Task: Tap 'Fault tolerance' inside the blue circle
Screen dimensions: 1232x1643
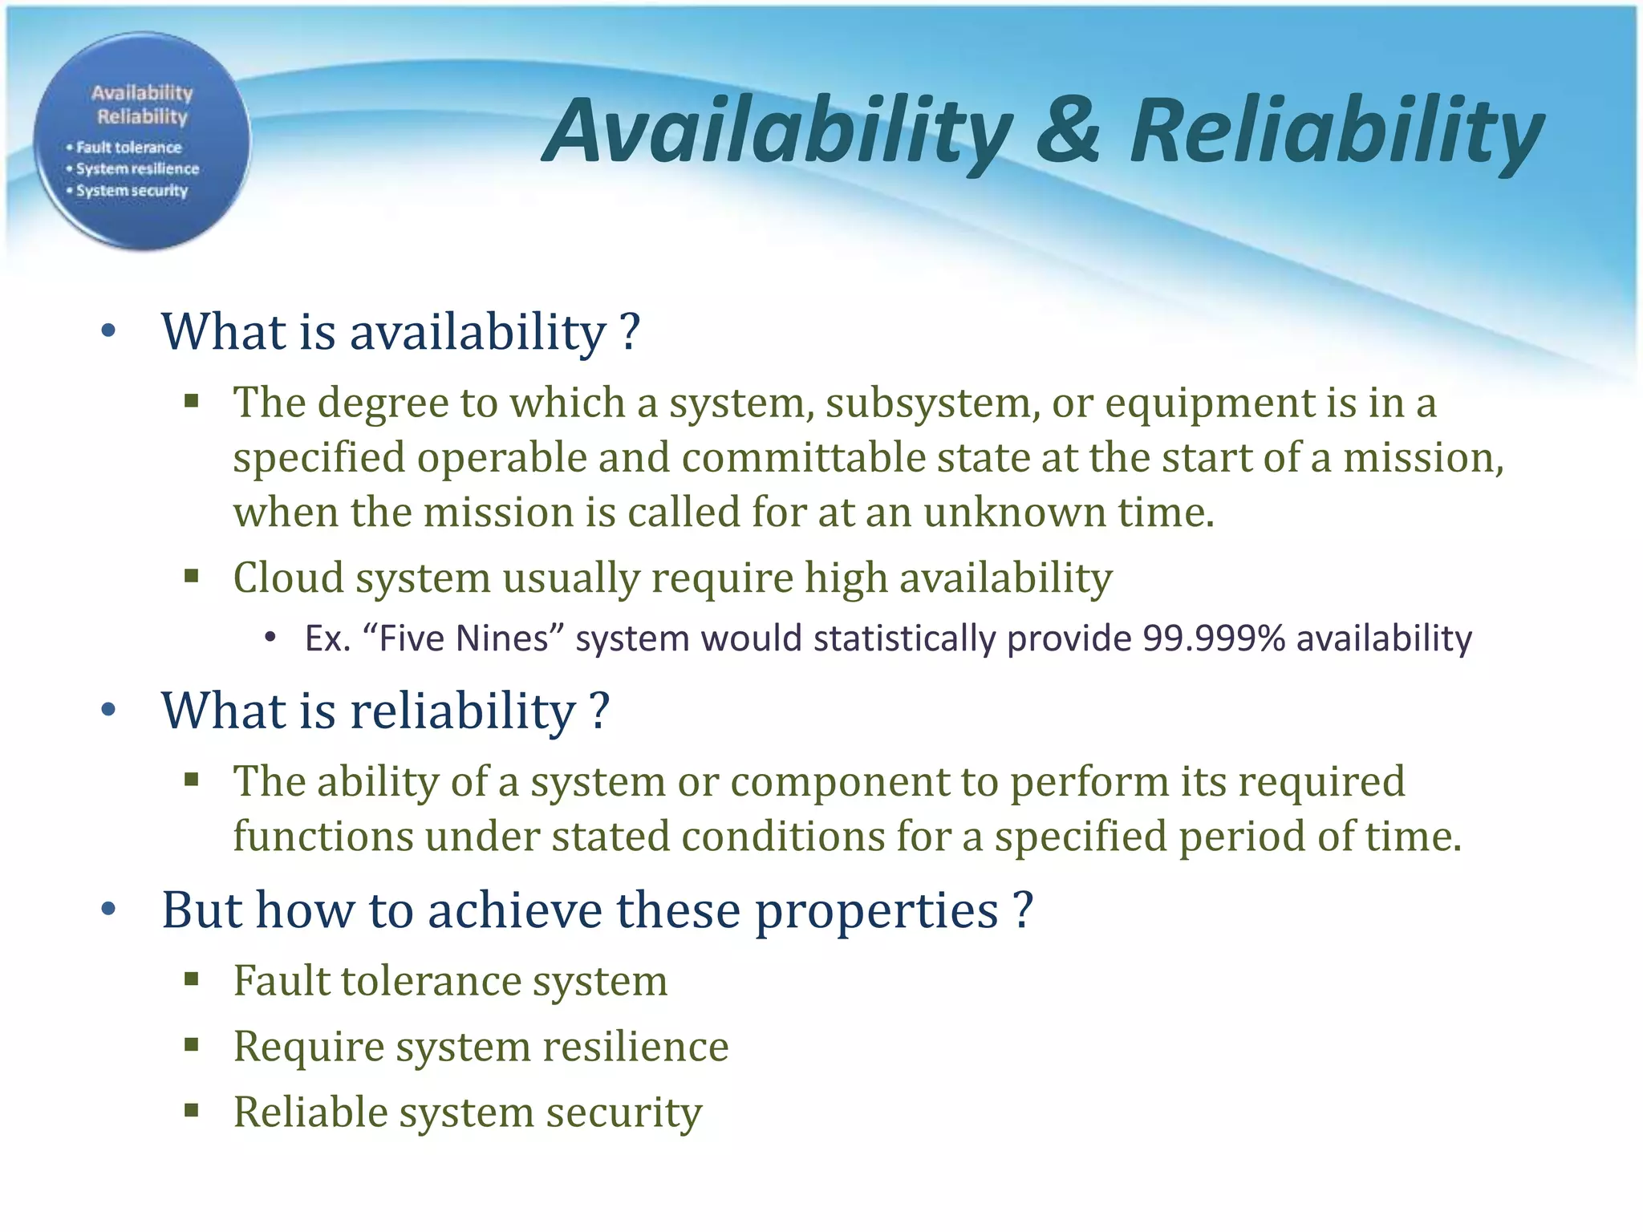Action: (x=128, y=148)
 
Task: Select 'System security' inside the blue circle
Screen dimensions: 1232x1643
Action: (x=132, y=191)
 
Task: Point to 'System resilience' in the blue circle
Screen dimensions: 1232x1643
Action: (x=137, y=169)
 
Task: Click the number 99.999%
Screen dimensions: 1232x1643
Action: (x=1214, y=638)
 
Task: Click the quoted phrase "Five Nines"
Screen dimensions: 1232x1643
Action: (x=465, y=638)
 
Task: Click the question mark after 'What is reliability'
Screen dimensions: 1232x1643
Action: (x=599, y=711)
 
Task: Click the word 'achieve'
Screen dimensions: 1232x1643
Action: (x=514, y=910)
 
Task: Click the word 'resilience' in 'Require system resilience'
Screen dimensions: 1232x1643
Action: (x=635, y=1046)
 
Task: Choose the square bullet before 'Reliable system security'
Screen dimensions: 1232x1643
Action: (x=191, y=1110)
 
